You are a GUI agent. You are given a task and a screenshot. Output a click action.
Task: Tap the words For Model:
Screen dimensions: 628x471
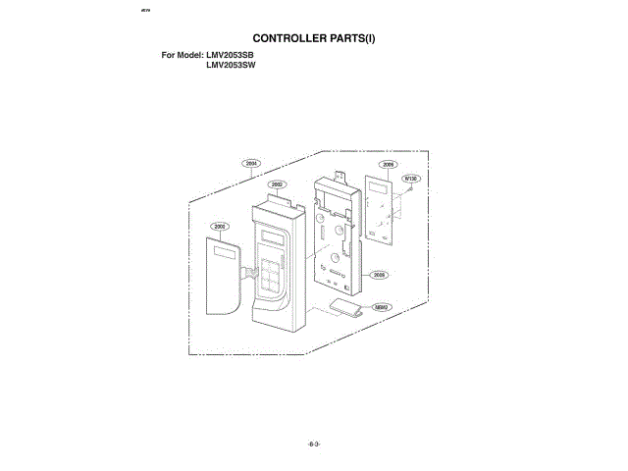(x=183, y=55)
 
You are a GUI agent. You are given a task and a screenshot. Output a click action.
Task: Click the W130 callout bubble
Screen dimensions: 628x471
(x=411, y=179)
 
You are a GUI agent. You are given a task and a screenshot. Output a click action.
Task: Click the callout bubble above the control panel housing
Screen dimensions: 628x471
(x=278, y=184)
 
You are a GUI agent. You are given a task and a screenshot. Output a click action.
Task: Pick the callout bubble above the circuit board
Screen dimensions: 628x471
(x=389, y=165)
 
